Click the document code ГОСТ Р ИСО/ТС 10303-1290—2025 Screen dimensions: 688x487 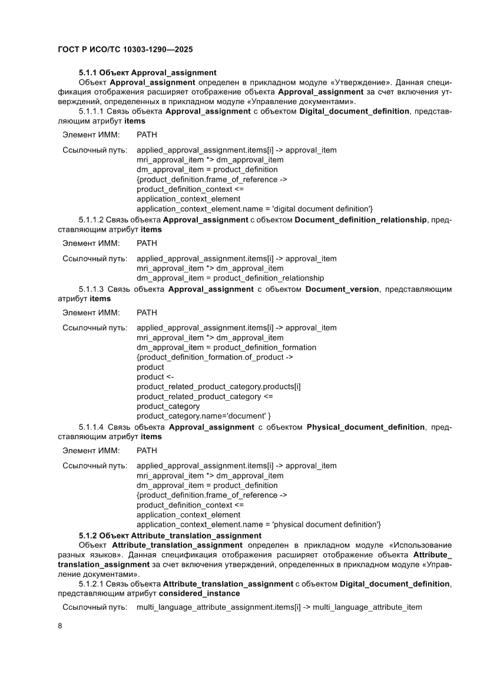(x=126, y=50)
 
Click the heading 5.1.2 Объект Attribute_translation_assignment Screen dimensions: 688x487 (x=170, y=536)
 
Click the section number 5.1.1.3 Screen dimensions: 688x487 (x=91, y=289)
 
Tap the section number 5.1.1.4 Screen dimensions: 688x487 (x=91, y=427)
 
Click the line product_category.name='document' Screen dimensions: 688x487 (x=203, y=416)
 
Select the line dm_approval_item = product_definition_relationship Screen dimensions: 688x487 (x=230, y=278)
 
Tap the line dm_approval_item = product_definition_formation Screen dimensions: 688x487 (x=226, y=347)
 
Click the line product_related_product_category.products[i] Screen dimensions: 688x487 (x=218, y=387)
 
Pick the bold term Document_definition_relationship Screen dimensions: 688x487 (x=360, y=220)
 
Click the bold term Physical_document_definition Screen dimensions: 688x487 (x=365, y=427)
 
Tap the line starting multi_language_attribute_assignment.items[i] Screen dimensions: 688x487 (x=279, y=607)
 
